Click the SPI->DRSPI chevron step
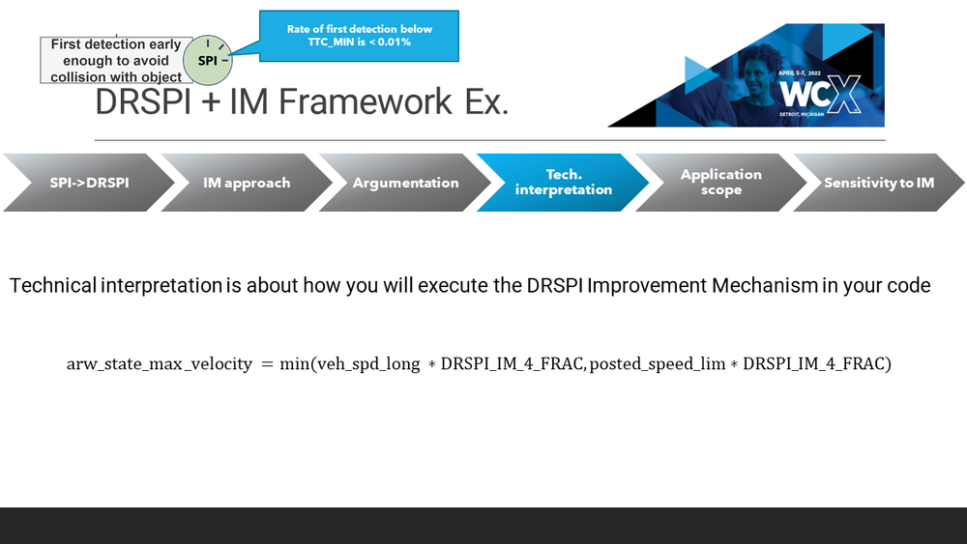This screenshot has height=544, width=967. [89, 183]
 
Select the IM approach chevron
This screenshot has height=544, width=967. [247, 183]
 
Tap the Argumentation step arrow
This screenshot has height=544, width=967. [405, 183]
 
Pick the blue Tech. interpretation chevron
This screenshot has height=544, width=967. [563, 183]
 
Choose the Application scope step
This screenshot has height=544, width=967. [721, 183]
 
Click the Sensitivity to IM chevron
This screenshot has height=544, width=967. [879, 183]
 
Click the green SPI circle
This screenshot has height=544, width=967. [208, 60]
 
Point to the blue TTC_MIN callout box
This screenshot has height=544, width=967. [359, 36]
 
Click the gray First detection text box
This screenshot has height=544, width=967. [116, 60]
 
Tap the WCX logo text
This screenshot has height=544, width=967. [820, 95]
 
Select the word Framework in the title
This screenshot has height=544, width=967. [366, 101]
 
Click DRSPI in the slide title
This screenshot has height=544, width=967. [143, 101]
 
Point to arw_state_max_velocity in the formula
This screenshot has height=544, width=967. [160, 364]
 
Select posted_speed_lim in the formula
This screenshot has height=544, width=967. [658, 364]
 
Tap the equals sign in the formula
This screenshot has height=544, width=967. [267, 364]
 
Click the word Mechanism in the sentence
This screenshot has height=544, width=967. [765, 286]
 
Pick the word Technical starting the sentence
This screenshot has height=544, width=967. [53, 286]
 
